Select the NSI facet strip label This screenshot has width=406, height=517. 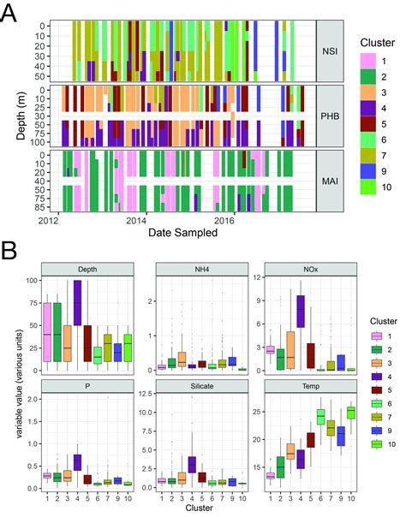[331, 51]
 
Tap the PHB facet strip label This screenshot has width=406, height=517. [331, 116]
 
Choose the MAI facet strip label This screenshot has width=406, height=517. [331, 181]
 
